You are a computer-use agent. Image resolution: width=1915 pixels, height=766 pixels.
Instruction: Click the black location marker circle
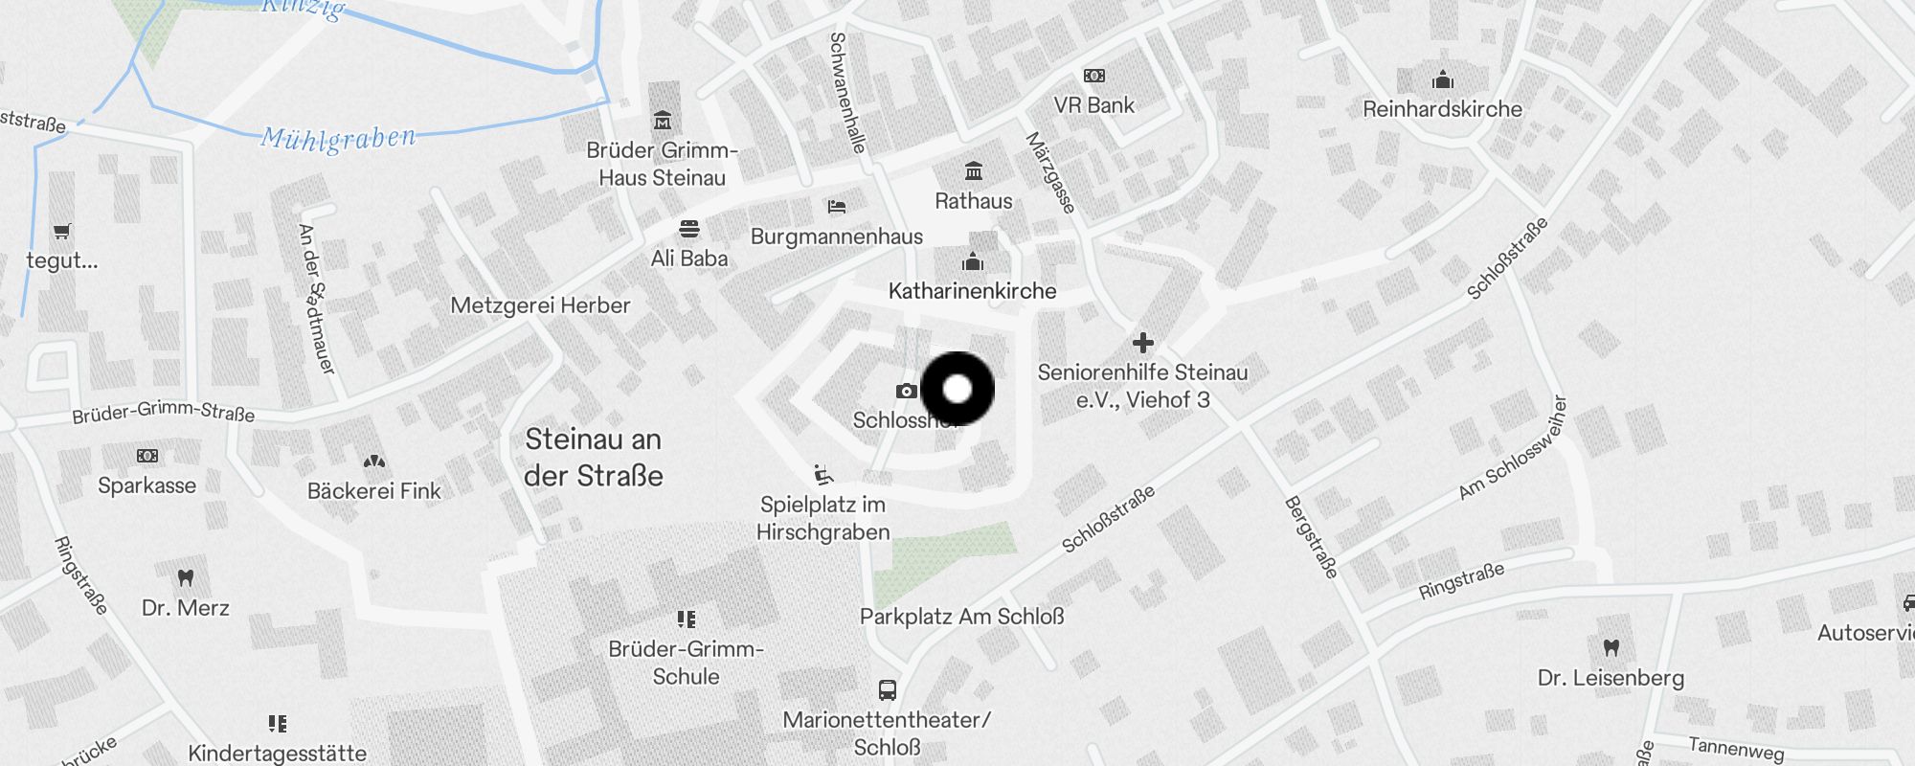coord(957,389)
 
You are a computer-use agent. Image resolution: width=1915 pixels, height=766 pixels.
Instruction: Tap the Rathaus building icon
coord(974,171)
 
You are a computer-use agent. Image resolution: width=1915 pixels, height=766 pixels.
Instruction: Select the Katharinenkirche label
coord(972,291)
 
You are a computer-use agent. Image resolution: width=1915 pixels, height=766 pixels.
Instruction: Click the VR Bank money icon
coord(1094,76)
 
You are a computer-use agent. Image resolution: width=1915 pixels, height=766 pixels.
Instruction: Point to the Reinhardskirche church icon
coord(1443,79)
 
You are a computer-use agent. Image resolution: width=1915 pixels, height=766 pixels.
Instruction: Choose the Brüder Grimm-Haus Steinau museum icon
coord(663,121)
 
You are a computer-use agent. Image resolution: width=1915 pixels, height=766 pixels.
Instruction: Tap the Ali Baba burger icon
coord(689,229)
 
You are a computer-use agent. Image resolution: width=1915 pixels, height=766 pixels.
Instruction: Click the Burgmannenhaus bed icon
coord(837,206)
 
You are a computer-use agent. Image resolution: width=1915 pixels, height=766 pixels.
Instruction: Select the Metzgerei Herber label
coord(540,305)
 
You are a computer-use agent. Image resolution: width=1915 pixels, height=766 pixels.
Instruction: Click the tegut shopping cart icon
coord(62,231)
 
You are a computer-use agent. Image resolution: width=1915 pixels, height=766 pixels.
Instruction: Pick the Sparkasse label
coord(146,485)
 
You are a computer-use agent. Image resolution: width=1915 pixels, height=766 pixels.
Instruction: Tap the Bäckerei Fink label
coord(374,491)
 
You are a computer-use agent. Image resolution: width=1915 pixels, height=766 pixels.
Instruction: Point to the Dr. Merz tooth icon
coord(186,577)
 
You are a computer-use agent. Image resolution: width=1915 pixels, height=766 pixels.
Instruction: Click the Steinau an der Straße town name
coord(594,458)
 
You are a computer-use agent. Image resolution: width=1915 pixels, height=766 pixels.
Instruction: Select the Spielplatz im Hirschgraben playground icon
coord(822,474)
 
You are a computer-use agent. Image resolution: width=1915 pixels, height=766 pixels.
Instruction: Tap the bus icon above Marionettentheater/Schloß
coord(888,689)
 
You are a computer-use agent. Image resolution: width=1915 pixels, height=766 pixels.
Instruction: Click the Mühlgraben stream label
coord(339,139)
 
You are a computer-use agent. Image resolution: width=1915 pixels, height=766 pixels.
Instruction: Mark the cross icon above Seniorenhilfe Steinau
coord(1143,343)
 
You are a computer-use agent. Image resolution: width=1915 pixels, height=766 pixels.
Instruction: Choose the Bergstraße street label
coord(1310,537)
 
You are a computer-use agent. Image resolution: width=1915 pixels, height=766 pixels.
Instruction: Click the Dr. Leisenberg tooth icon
coord(1611,647)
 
